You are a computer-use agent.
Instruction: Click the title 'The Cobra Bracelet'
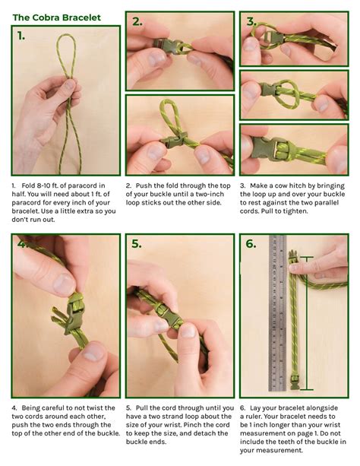57,17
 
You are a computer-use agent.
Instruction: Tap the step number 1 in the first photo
21,36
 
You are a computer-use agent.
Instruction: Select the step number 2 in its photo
137,21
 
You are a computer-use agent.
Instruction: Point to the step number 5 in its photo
137,244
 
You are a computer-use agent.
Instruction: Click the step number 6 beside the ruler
251,244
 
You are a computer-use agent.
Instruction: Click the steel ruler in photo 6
278,312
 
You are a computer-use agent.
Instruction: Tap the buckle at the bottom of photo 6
295,382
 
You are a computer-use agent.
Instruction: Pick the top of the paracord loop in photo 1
67,35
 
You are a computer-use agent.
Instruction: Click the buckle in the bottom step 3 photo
270,148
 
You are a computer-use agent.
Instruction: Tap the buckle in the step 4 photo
74,312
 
